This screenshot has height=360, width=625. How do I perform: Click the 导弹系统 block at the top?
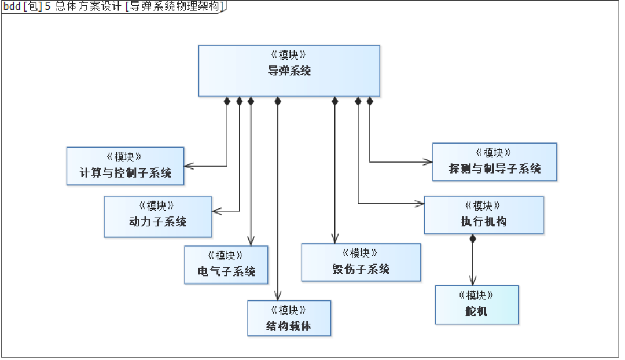289,71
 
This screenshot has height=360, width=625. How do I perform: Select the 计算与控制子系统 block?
125,166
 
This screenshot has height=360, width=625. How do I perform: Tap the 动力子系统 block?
157,216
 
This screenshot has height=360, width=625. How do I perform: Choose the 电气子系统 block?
226,265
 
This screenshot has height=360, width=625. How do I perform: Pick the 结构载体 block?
289,318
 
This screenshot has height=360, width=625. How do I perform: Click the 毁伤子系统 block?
361,263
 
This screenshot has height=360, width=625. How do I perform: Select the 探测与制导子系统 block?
494,162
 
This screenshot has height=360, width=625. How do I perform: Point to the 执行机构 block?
483,215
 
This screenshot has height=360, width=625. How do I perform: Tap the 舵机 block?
476,305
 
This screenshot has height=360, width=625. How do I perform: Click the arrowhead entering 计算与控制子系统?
188,166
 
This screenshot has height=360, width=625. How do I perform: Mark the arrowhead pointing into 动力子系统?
215,211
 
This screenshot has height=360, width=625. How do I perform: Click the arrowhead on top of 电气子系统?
251,242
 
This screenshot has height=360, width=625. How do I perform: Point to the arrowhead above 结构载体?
278,296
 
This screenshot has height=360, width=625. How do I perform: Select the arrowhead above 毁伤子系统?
334,239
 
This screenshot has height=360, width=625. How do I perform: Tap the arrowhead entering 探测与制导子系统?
429,162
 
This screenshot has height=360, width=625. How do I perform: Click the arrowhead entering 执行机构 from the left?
421,203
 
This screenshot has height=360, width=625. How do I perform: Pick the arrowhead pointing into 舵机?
472,281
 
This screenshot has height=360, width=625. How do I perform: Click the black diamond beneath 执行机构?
472,238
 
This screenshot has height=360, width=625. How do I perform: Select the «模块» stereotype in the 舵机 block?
476,295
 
